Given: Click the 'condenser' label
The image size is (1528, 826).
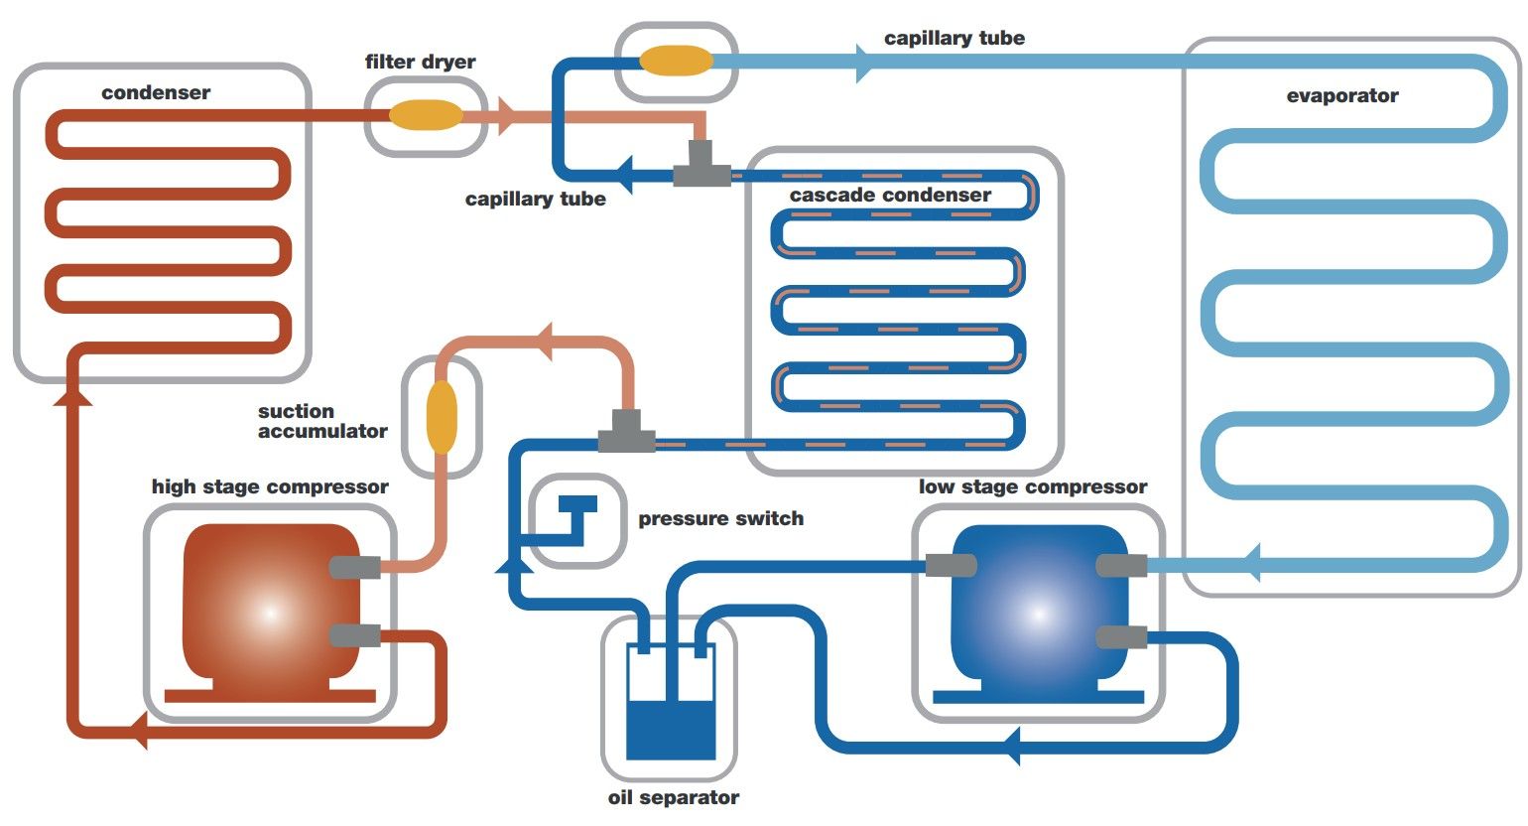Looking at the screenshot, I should pos(156,93).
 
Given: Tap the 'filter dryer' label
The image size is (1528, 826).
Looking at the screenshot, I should pos(420,62).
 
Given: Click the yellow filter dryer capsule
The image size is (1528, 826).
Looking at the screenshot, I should pos(426,115).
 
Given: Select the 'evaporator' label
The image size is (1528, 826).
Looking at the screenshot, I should pos(1341,96).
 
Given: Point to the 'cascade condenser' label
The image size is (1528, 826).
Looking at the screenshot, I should pos(890,196).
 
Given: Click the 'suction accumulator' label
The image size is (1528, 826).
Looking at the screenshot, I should pos(321,421).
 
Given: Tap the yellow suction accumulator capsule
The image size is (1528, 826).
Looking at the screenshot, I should pos(442,416).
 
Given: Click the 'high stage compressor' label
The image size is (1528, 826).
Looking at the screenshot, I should pos(270,487).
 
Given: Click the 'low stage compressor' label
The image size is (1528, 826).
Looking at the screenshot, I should pos(1032,487).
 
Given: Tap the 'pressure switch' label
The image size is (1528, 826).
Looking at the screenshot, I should pos(720,519).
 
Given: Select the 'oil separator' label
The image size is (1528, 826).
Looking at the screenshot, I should pos(673,798).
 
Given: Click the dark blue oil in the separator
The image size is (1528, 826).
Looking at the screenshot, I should pos(671,730).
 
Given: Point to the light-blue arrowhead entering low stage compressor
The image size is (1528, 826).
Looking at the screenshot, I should pos(1251,564).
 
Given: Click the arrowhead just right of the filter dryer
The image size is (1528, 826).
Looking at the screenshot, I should pos(506,115).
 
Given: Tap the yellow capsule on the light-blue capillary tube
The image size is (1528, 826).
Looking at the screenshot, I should pos(676,61).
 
